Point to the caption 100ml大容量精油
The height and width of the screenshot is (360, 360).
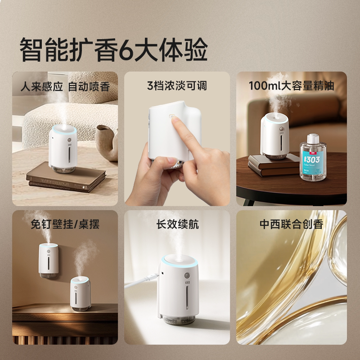292,85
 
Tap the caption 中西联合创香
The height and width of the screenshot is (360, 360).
292,224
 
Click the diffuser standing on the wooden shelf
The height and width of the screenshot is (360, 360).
81,293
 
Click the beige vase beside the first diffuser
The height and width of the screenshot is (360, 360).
106,139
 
